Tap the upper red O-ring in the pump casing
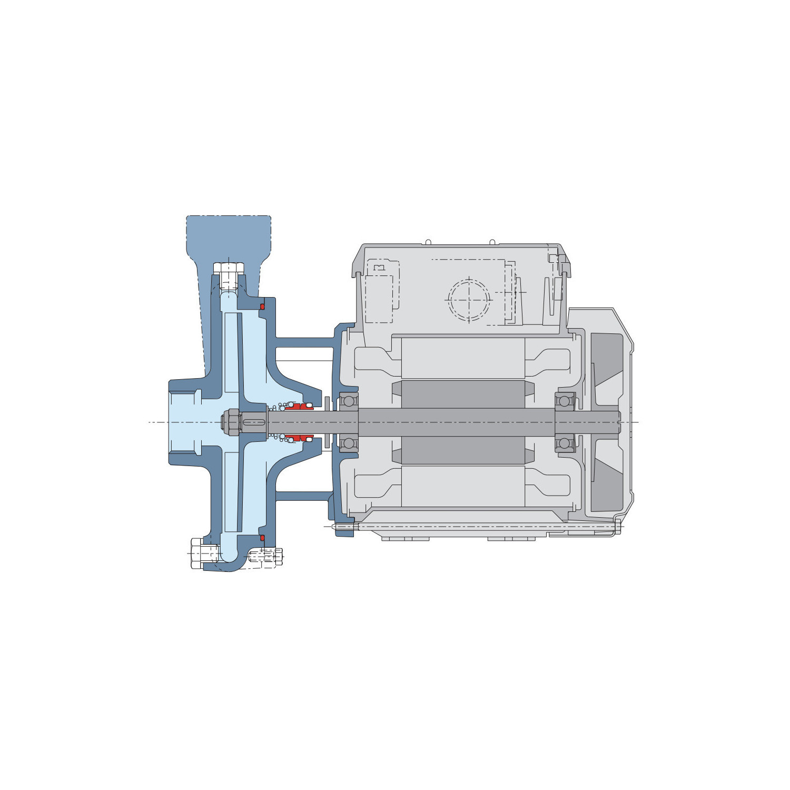click(262, 307)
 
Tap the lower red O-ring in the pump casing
click(262, 538)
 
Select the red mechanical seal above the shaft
click(299, 407)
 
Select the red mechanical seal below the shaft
click(299, 438)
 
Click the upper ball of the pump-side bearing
click(348, 401)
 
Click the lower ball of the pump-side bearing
click(348, 443)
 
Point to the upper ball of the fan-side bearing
click(564, 401)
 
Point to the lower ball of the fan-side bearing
click(564, 443)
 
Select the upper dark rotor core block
click(463, 394)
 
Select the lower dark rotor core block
click(463, 450)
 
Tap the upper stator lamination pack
click(463, 358)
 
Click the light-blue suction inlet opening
click(184, 422)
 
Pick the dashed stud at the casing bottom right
click(266, 556)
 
